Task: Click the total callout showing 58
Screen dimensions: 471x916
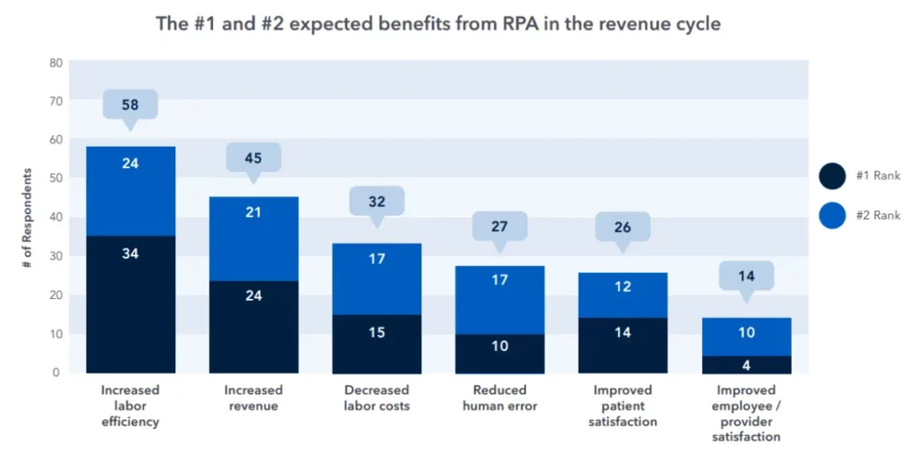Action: pos(131,105)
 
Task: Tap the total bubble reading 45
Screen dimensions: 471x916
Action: pos(253,158)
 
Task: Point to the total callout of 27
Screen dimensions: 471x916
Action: pos(499,227)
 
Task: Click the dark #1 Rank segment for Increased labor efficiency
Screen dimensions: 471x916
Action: pos(131,304)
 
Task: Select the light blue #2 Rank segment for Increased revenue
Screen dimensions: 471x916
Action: pos(253,239)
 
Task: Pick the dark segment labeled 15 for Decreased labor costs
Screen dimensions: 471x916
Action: pos(377,343)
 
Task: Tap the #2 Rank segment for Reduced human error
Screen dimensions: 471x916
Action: pos(499,300)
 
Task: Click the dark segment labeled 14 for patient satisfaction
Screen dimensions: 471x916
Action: pos(623,345)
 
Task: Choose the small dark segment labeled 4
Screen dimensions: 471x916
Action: pos(746,364)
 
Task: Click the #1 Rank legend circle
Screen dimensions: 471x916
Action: pos(832,176)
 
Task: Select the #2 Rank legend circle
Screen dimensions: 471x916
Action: pos(832,215)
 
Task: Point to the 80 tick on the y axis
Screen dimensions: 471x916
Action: pos(55,63)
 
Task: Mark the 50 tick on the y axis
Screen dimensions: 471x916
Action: pos(55,178)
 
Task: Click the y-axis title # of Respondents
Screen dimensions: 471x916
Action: pos(29,218)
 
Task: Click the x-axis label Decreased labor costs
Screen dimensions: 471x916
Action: pos(377,398)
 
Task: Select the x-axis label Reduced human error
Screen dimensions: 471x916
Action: pos(499,398)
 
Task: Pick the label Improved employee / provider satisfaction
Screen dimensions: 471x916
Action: pos(746,413)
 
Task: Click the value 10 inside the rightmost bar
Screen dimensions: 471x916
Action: pos(746,332)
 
